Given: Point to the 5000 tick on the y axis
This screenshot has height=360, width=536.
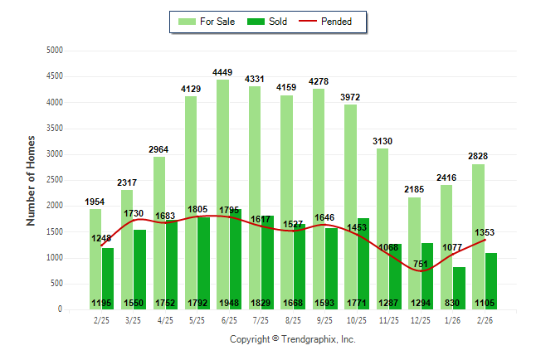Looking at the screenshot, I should [55, 51].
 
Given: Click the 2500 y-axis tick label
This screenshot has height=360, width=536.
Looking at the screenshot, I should [55, 180].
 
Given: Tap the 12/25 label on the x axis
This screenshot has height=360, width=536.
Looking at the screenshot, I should [421, 319].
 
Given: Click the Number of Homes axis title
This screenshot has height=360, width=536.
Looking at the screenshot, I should [31, 180].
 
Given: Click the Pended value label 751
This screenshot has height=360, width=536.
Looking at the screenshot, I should [421, 265].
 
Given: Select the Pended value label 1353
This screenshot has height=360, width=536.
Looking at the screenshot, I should [485, 232].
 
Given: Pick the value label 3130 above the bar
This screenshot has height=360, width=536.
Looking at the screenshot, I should [383, 141].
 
